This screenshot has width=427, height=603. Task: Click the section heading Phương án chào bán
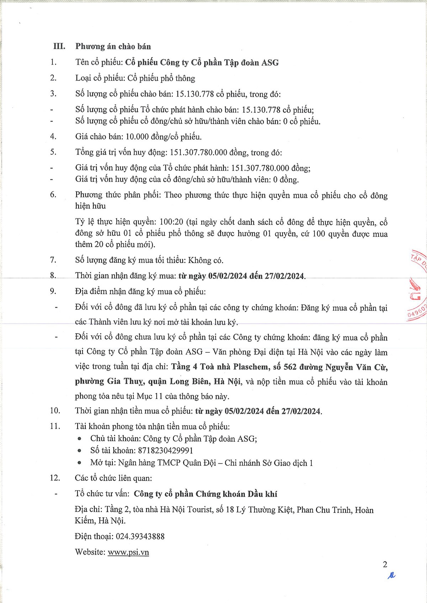click(x=113, y=47)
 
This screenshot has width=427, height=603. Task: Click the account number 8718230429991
click(x=165, y=451)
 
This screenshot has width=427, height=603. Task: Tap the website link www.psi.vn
click(x=128, y=552)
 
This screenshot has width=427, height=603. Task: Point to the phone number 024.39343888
click(x=140, y=537)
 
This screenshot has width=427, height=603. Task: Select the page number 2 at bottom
click(x=385, y=564)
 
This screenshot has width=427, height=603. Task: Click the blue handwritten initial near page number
click(x=391, y=575)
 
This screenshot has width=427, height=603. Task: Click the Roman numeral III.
click(x=59, y=47)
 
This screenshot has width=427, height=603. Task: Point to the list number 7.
click(x=53, y=260)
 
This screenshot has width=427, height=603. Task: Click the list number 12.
click(x=55, y=478)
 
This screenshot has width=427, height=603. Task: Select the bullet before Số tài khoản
click(x=79, y=451)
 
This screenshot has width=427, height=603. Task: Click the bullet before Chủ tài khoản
click(x=79, y=439)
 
